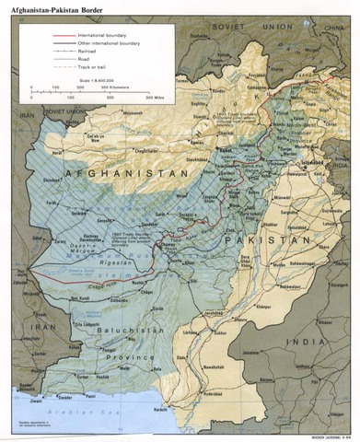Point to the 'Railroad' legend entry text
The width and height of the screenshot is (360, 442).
[88, 52]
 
